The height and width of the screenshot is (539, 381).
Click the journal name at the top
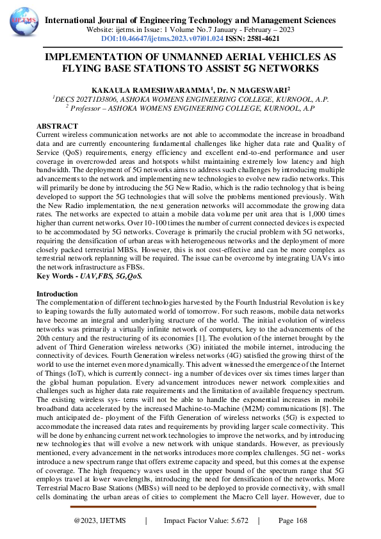(x=190, y=20)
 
